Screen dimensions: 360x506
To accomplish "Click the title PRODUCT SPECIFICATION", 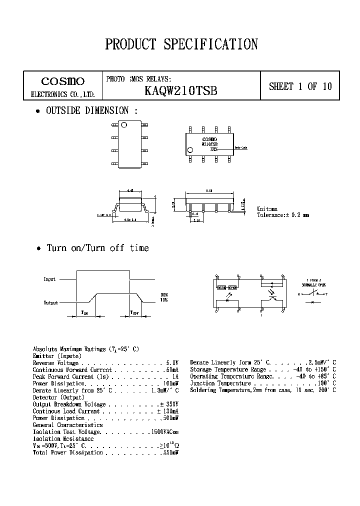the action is point(181,44).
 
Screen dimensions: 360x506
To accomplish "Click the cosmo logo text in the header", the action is point(62,81).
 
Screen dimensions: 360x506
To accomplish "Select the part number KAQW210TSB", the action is point(180,91).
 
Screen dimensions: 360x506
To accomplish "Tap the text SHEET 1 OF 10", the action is point(300,86).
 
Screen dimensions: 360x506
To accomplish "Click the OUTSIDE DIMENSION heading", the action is point(92,111).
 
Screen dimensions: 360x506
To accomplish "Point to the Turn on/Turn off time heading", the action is point(97,248).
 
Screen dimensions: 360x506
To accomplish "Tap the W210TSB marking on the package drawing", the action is point(209,144).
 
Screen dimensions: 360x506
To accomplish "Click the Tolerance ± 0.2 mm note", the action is point(282,215).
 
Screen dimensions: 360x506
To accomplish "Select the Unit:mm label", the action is point(267,209).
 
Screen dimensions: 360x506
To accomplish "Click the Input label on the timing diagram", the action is point(49,279).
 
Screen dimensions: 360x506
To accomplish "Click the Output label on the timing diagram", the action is point(50,302).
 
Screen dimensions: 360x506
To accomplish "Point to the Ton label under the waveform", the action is point(84,312).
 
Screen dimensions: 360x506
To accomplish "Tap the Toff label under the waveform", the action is point(134,312).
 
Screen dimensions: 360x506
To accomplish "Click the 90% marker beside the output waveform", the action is point(163,294).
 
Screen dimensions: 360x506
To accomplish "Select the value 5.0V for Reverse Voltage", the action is point(172,363).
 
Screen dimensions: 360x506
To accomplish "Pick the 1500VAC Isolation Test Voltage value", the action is point(164,431).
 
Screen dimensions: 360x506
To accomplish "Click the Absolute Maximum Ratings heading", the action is point(85,349).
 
